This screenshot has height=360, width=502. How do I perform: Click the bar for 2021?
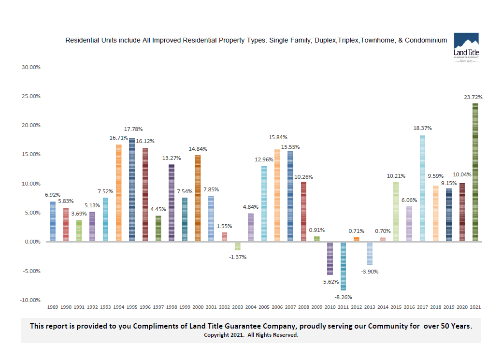pos(475,172)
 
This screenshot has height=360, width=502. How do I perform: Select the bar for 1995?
pos(131,190)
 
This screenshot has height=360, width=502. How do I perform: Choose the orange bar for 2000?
pos(198,198)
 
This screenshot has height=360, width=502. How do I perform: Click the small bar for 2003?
pos(237,245)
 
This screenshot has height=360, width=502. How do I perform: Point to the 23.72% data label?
pos(473,97)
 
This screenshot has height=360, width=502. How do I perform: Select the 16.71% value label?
pos(118,138)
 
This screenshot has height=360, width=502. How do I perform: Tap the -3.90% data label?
pos(370,272)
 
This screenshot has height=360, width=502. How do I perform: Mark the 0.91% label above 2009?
pos(317,230)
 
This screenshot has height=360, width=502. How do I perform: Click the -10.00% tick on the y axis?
pos(30,300)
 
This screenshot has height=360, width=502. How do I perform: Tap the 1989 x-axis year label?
pos(53,307)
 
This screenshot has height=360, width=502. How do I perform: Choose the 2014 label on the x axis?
pos(383,307)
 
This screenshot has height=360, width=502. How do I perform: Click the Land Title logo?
pos(466,48)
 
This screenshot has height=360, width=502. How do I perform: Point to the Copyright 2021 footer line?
pos(251,335)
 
